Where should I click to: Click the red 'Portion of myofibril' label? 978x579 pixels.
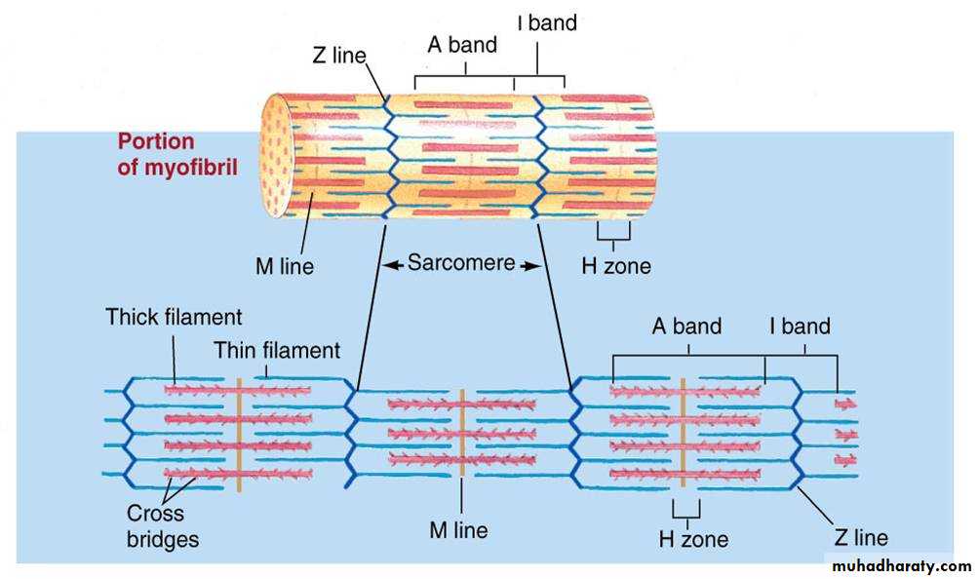[x=157, y=154]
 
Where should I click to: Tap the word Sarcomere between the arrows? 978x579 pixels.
[x=461, y=263]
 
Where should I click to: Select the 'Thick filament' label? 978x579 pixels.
[x=175, y=317]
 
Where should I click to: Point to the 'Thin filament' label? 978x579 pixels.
[x=278, y=349]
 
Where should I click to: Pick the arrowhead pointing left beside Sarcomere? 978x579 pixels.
[x=391, y=264]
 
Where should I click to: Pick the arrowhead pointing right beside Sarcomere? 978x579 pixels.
[x=530, y=264]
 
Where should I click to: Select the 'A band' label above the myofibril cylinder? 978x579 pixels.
[x=462, y=45]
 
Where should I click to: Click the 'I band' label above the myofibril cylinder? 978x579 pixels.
[x=547, y=22]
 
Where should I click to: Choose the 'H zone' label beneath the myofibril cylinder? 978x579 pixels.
[x=616, y=265]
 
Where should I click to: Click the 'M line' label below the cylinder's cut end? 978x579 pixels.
[x=285, y=265]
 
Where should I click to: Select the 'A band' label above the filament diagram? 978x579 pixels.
[x=686, y=327]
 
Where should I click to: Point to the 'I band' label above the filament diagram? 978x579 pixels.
[x=800, y=327]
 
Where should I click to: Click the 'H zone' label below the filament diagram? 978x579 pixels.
[x=693, y=538]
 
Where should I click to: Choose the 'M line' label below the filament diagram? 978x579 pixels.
[x=459, y=530]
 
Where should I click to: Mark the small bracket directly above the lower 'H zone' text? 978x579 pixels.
[x=686, y=510]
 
